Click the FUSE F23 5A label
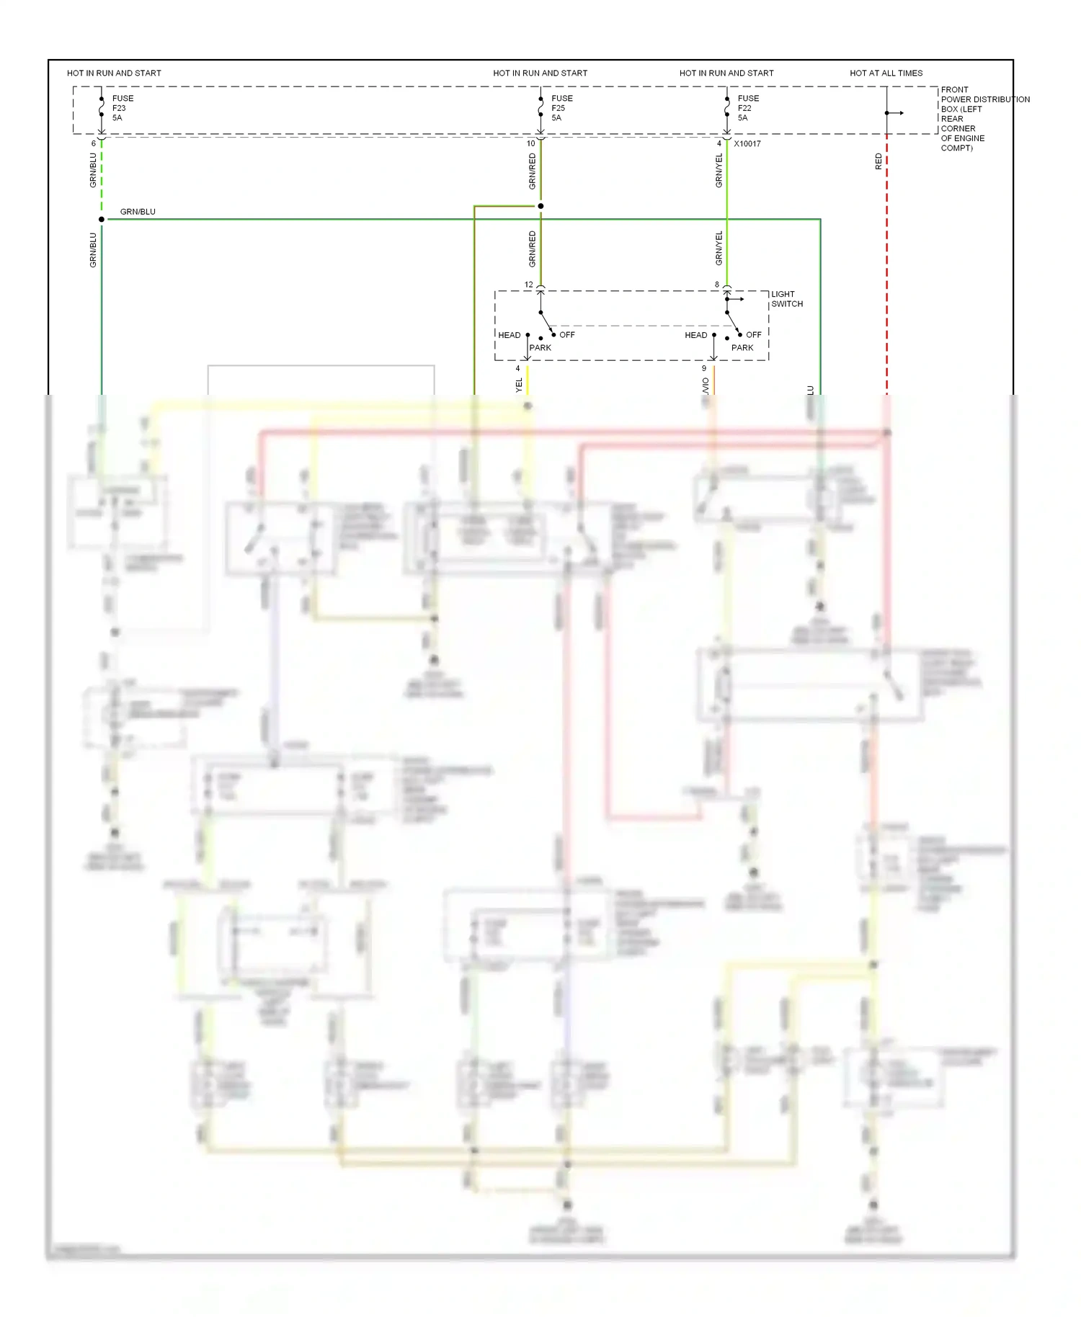pos(122,108)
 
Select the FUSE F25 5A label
pos(561,108)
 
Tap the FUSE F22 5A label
pos(747,108)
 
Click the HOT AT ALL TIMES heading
pos(886,73)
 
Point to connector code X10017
pos(747,143)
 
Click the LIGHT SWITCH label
pos(786,299)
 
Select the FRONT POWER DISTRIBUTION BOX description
pos(984,119)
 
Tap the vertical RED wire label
pos(878,161)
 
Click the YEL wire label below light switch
pos(519,385)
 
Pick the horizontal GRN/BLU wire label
pos(138,212)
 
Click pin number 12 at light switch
pos(529,285)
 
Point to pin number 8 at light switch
pos(717,285)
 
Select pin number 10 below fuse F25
pos(531,143)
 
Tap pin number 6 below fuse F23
pos(94,143)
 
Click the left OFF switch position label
pos(567,335)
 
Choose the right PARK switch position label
pos(742,347)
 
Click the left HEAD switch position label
pos(509,335)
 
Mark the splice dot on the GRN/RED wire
pos(540,206)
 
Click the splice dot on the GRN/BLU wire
pos(102,219)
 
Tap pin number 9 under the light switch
pos(704,368)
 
